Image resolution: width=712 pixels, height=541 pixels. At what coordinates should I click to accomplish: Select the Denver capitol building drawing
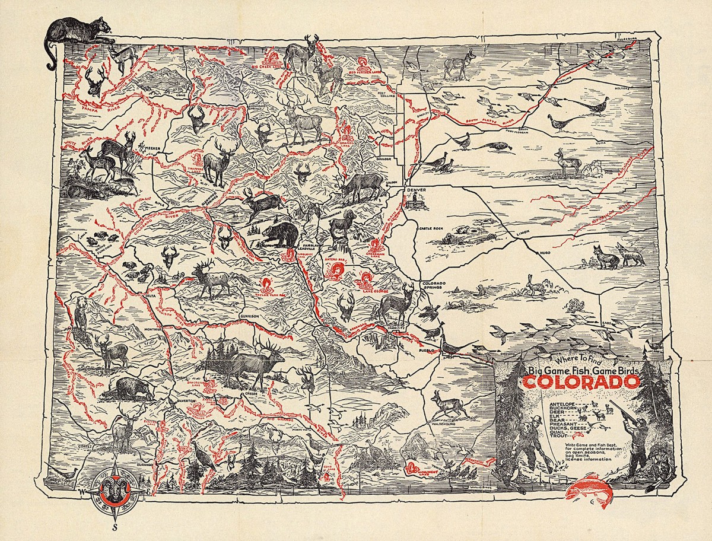(414, 202)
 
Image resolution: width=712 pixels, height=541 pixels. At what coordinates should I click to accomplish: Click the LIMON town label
(523, 233)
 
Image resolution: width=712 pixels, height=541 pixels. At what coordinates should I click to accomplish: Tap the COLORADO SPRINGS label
(433, 287)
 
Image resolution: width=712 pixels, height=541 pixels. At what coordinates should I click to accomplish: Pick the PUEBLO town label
(428, 352)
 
